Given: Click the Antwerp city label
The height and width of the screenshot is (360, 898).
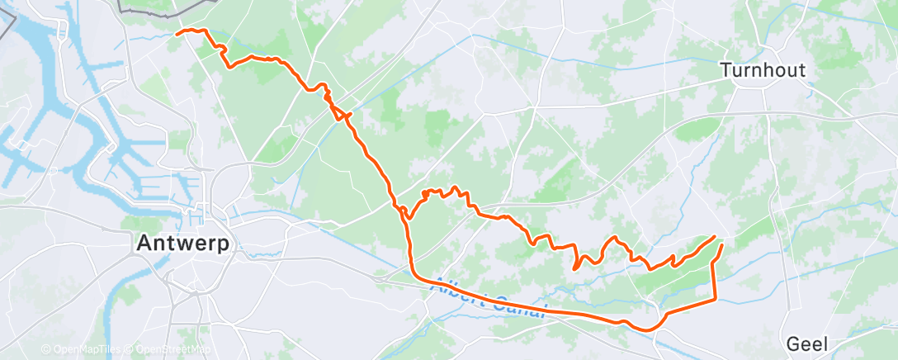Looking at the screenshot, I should point(183,244).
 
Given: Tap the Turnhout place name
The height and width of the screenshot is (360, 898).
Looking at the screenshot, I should point(762,71).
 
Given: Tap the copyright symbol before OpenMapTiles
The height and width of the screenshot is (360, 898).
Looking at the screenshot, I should point(46,349).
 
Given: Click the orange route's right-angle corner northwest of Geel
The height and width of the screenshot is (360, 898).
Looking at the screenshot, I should point(715,298).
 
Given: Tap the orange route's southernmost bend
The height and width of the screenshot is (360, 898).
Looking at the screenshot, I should point(651,329).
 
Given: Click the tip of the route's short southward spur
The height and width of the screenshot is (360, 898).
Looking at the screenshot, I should point(574,268).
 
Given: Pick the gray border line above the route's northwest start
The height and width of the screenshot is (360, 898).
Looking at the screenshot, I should point(165,11).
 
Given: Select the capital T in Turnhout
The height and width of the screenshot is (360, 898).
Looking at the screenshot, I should point(725,71).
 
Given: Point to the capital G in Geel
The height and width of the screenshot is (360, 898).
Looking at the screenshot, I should point(793,343).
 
